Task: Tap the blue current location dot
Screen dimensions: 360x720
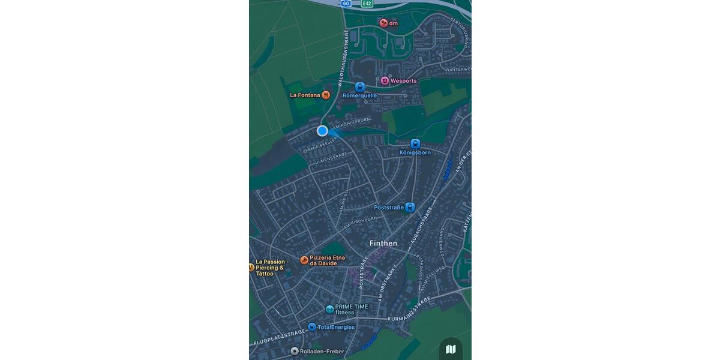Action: point(322,131)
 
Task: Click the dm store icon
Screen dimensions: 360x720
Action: point(383,23)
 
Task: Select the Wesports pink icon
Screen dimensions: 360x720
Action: point(385,80)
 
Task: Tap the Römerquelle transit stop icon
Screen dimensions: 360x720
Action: point(360,87)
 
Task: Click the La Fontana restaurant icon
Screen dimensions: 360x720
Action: point(326,95)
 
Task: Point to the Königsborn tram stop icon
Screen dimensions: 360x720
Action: point(415,144)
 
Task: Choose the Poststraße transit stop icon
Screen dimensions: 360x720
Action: point(410,208)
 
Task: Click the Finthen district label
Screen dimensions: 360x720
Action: point(383,243)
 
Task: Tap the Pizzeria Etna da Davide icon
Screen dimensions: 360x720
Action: point(304,260)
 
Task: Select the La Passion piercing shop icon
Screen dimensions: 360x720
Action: point(251,267)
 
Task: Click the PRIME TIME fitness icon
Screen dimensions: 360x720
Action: point(329,309)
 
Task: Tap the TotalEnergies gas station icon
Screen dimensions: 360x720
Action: point(312,327)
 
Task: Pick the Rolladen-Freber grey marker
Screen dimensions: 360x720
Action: point(295,351)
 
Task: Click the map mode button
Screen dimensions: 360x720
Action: point(451,349)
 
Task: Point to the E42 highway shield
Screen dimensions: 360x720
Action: point(367,4)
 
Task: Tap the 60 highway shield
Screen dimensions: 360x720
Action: point(346,4)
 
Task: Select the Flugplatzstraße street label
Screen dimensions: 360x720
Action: point(279,338)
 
